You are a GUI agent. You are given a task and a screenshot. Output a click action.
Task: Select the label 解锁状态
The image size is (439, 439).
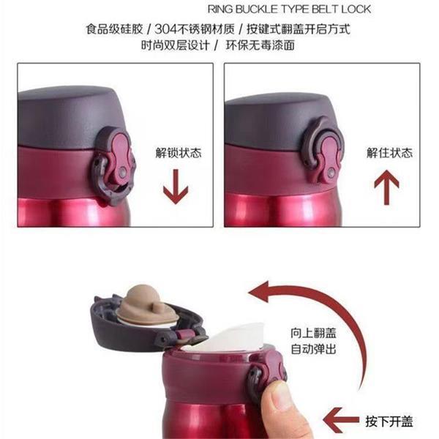179,153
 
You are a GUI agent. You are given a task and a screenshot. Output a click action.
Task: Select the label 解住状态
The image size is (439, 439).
389,153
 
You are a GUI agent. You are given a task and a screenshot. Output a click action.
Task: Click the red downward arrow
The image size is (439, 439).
176,188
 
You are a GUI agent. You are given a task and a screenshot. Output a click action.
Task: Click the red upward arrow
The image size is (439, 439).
386,188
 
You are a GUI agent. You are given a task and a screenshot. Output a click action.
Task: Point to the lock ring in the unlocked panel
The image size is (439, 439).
112,167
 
